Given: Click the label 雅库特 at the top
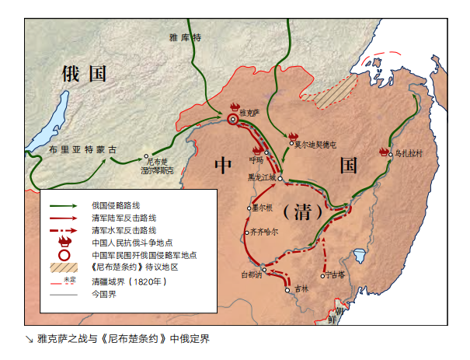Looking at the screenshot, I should coord(185,37).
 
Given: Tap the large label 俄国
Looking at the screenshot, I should coord(83,75).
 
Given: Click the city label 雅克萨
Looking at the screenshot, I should coord(248,111).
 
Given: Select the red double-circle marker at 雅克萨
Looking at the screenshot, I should coord(233,119).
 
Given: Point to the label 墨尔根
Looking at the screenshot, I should coord(262,208).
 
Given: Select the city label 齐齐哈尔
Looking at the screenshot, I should coord(265,232).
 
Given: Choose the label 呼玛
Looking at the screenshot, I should coord(256,159).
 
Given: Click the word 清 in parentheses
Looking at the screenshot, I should coord(298,211).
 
